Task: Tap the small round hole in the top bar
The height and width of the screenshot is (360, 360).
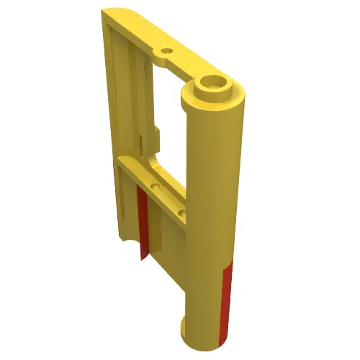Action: [167, 52]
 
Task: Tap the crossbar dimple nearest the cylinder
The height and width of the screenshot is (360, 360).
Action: [183, 214]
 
